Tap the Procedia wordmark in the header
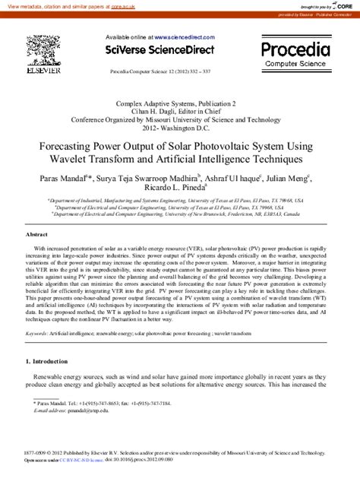click(x=295, y=50)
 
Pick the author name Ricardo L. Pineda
click(x=175, y=189)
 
